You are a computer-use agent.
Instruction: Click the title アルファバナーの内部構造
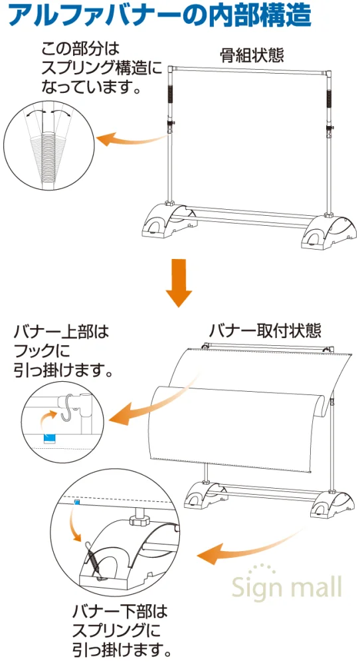click(x=159, y=16)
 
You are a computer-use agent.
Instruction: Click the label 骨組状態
click(x=252, y=56)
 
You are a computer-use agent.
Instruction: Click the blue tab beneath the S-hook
click(x=50, y=438)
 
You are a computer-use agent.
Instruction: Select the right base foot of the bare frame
click(x=329, y=231)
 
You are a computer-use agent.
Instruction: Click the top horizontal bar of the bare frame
click(x=250, y=70)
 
